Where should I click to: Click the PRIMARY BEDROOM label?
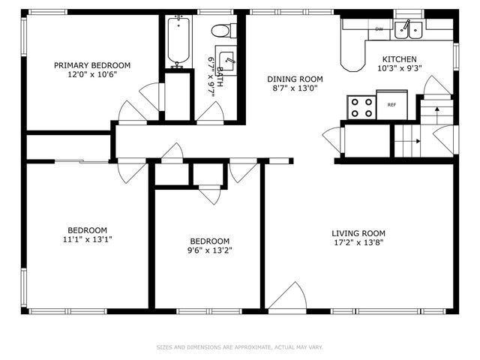point(92,65)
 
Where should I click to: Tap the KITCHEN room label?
point(400,59)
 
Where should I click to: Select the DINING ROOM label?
point(295,79)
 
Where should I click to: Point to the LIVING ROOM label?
point(358,233)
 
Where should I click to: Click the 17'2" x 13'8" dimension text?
point(358,242)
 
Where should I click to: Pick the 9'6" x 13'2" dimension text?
point(210,250)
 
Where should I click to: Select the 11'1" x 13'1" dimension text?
point(88,239)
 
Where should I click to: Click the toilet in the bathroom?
point(224,31)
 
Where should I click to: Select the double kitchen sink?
point(408,30)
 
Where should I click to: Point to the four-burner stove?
point(361,107)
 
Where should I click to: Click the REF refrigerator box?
point(391,105)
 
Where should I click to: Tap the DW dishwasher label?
point(379,29)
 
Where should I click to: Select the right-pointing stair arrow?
point(407,141)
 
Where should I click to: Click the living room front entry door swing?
point(288,297)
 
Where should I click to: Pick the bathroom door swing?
point(211,112)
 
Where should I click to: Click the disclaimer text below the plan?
point(240,347)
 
